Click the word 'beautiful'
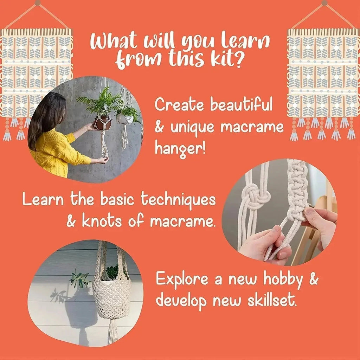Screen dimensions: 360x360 click(241, 105)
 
